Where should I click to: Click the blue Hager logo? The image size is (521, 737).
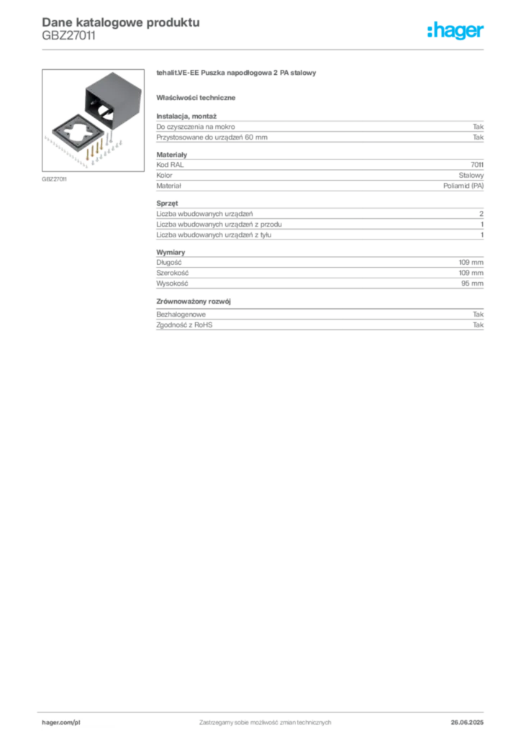pos(457,32)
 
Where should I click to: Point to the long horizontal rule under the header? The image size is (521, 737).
pos(288,48)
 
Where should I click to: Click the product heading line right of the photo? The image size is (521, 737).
pos(237,75)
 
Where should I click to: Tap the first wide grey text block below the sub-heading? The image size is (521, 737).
pos(320,130)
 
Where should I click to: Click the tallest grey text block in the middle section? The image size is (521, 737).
pos(320,221)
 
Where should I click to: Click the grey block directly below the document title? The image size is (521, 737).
pos(68,41)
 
